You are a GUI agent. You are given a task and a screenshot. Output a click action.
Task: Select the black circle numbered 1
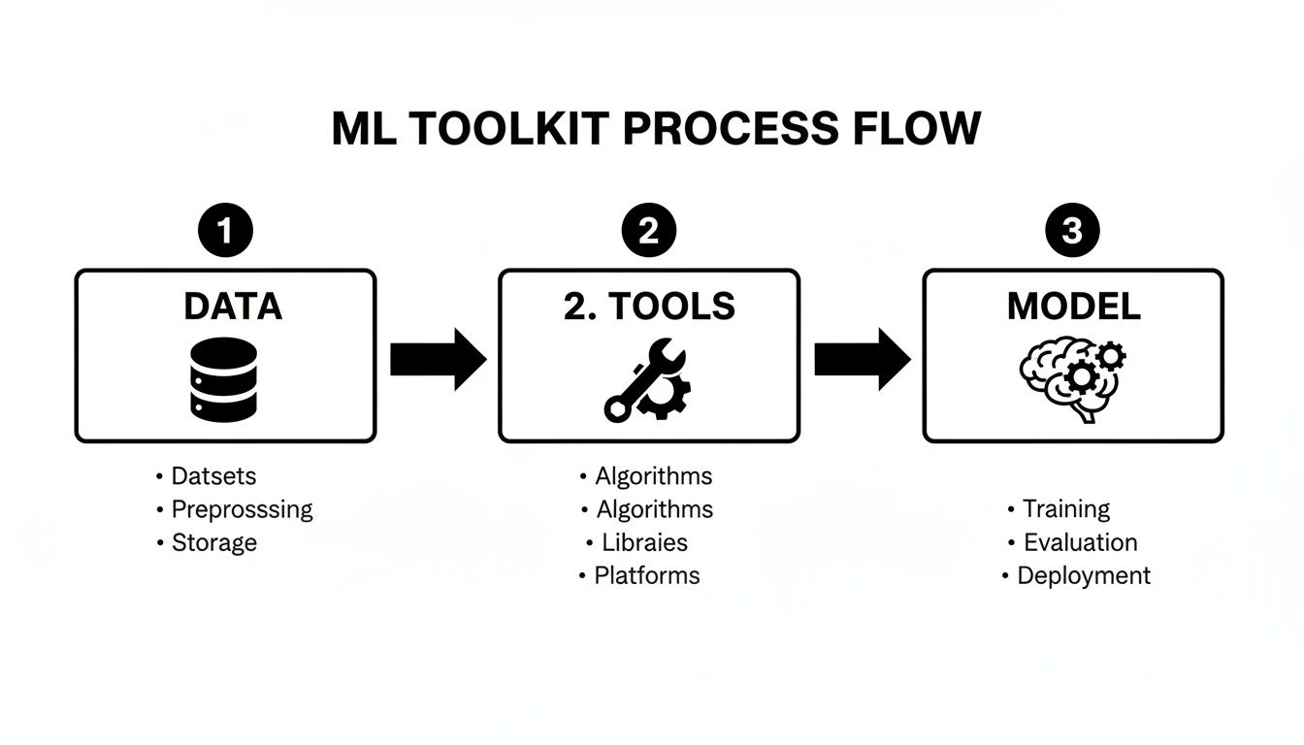225,232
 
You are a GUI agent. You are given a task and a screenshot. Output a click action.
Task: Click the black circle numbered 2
649,232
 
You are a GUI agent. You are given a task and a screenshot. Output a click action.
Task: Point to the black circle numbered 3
1072,232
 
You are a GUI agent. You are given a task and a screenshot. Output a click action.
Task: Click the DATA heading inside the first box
233,307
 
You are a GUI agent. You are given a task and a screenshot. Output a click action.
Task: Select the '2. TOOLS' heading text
649,307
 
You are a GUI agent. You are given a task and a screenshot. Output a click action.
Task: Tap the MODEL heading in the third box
1073,307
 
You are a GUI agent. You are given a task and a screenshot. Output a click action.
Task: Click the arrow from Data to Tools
438,359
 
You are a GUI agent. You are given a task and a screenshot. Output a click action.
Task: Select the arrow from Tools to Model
862,359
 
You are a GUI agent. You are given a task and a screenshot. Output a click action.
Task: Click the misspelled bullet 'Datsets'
213,476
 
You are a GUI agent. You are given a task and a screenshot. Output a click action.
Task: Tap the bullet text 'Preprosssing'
242,509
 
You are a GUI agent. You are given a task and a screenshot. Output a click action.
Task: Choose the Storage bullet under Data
213,542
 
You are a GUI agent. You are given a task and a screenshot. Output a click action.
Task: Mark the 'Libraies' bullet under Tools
644,542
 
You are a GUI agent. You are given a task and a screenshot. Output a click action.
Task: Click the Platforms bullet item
646,575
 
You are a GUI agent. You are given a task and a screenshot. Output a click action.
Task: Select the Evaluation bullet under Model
1080,542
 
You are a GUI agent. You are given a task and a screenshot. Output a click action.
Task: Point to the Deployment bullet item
1083,575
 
